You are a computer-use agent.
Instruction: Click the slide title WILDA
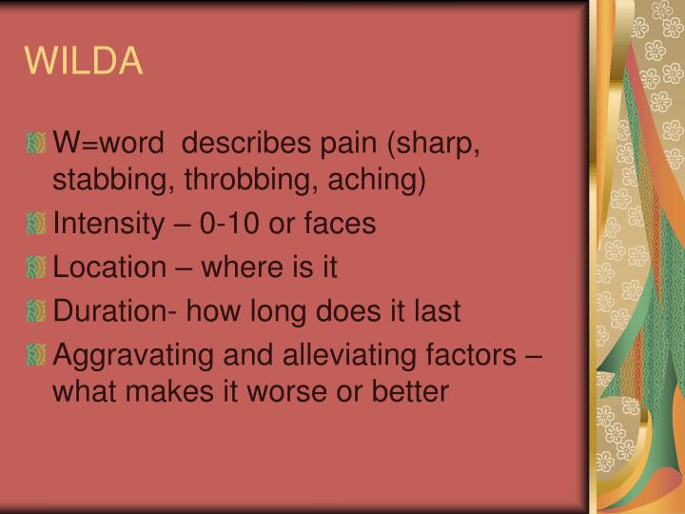tap(84, 61)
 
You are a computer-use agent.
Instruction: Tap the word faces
tap(343, 225)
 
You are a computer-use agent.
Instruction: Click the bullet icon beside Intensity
tap(36, 226)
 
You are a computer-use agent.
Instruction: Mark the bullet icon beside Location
tap(36, 268)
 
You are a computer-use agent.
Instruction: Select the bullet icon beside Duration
tap(36, 311)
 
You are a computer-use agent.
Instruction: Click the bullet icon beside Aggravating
tap(36, 355)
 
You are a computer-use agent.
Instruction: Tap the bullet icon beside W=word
tap(36, 145)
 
